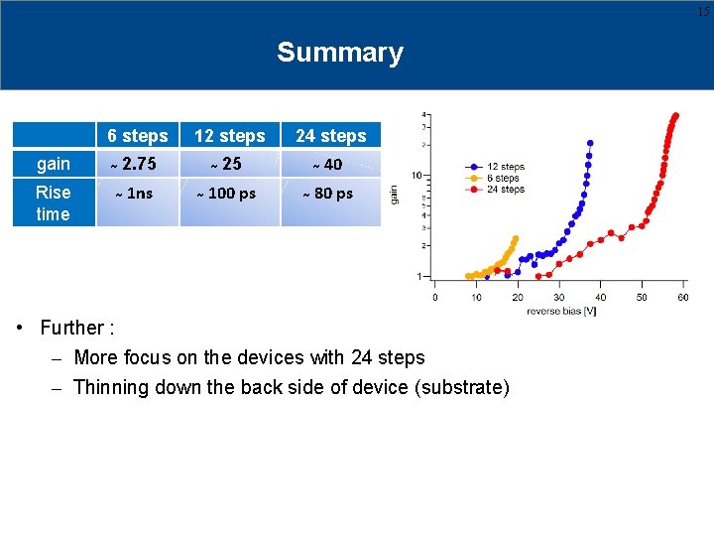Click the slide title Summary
(340, 53)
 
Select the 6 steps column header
(138, 136)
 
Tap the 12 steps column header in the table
(229, 136)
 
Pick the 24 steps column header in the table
(330, 136)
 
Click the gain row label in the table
(54, 164)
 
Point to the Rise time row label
(54, 203)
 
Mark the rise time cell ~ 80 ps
(328, 194)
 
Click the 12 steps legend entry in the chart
(505, 167)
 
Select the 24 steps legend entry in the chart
(505, 190)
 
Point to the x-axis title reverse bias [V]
(561, 311)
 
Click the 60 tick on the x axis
(683, 297)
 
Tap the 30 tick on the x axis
(559, 297)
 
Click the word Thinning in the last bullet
(107, 387)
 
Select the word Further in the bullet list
(71, 328)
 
